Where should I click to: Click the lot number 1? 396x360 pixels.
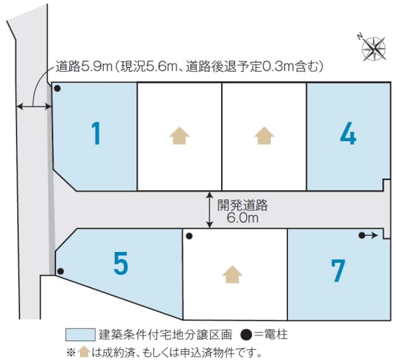96,133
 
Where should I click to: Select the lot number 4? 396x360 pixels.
348,133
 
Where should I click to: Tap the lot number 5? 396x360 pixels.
121,264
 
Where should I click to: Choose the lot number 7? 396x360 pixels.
338,271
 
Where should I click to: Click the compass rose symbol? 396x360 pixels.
373,48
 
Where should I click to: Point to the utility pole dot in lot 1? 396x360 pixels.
58,89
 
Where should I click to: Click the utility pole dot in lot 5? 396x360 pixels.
60,271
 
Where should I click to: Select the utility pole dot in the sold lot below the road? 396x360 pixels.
189,236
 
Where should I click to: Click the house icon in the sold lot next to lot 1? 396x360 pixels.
179,135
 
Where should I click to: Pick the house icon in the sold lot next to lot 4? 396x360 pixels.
264,135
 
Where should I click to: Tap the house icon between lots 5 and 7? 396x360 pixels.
233,274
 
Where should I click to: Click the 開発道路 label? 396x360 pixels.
243,205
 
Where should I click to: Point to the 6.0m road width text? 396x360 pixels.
243,218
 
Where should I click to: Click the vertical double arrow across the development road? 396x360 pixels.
210,210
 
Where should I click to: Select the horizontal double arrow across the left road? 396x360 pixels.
34,107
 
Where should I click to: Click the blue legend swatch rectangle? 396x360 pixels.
81,335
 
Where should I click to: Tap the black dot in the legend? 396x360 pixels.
246,335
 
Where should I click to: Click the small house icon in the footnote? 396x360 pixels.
84,351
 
